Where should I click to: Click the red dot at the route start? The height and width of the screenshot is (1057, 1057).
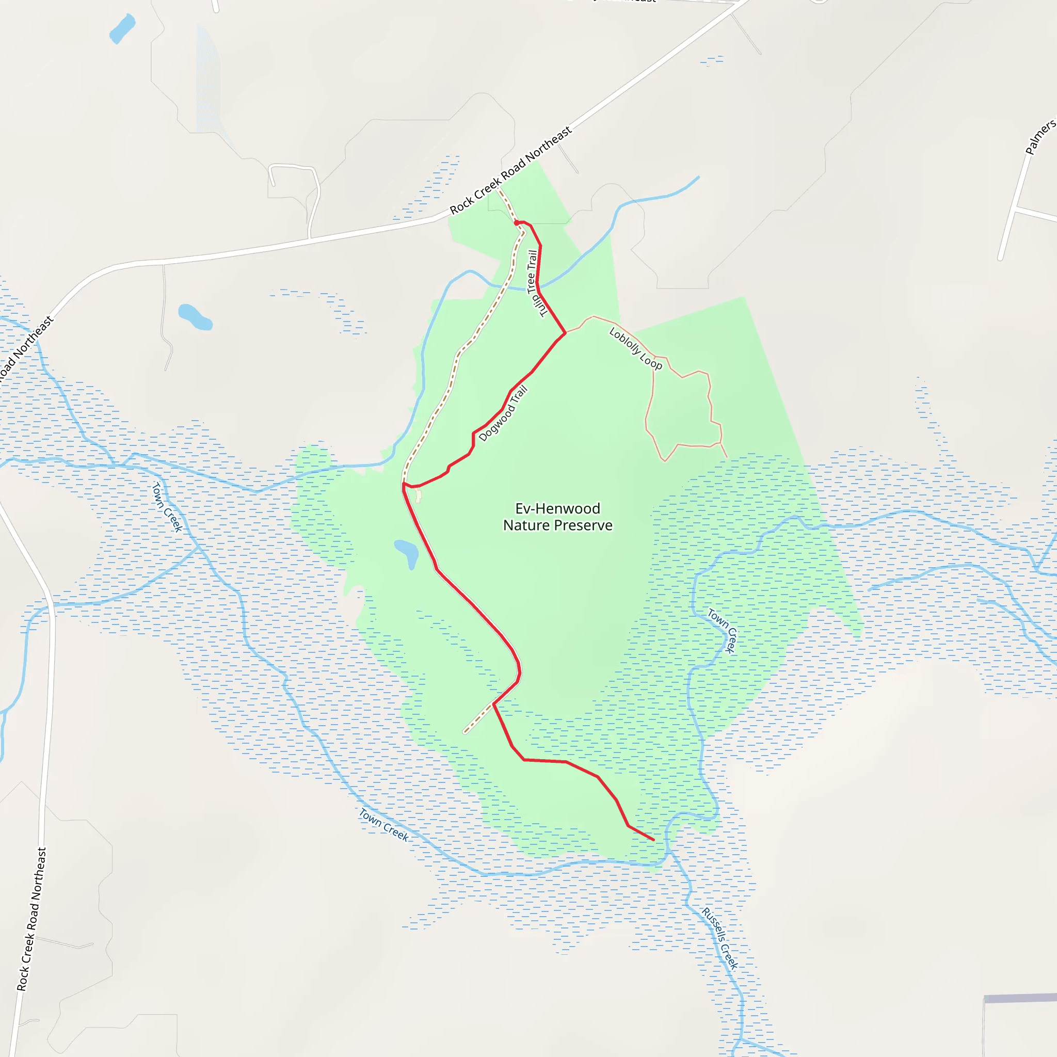[x=517, y=222]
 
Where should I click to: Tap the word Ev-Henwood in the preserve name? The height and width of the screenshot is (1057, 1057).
[x=557, y=508]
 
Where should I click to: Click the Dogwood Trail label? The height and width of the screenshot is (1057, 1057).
[x=503, y=413]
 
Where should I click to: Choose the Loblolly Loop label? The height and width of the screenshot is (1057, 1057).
[x=635, y=348]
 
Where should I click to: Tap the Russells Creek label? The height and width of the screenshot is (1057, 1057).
[x=720, y=939]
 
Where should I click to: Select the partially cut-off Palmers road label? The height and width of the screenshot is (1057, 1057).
[x=1040, y=137]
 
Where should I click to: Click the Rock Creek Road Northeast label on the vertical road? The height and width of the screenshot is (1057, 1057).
[x=31, y=919]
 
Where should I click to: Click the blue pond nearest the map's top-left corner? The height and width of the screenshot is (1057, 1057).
[x=122, y=28]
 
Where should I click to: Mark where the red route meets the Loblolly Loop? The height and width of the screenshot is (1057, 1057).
[x=565, y=333]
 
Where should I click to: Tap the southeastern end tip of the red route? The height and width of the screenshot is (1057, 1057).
[x=653, y=840]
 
